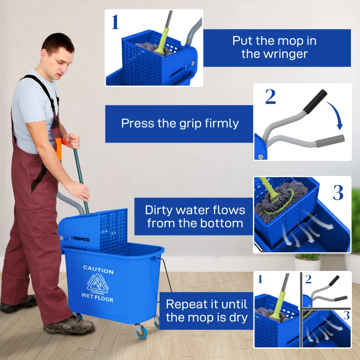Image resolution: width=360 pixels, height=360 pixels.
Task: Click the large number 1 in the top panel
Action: pos(115,22)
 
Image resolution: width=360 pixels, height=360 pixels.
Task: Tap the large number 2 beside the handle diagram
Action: pos(270,97)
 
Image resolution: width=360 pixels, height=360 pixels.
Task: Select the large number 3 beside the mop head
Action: pos(338,192)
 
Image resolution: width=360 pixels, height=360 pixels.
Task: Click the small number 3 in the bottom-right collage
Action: pos(346,315)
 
